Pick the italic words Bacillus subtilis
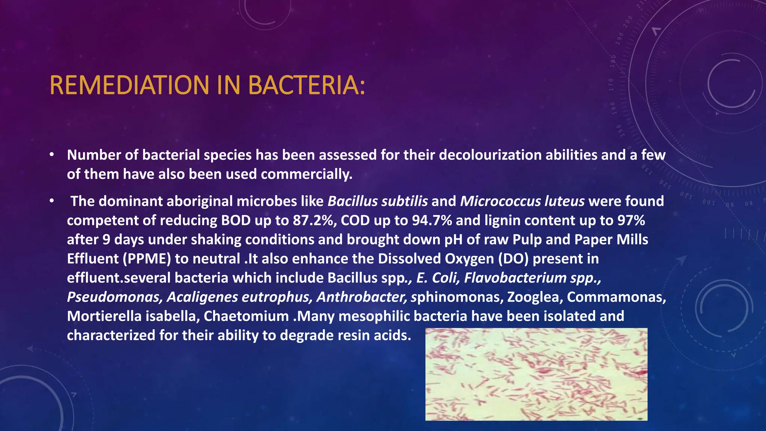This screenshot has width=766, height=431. pyautogui.click(x=377, y=201)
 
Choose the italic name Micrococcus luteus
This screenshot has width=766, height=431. pyautogui.click(x=522, y=201)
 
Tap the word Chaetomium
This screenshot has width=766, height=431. pyautogui.click(x=246, y=317)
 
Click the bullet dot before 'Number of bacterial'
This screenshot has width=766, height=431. pyautogui.click(x=52, y=155)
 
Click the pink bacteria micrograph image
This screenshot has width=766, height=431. pyautogui.click(x=536, y=374)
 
